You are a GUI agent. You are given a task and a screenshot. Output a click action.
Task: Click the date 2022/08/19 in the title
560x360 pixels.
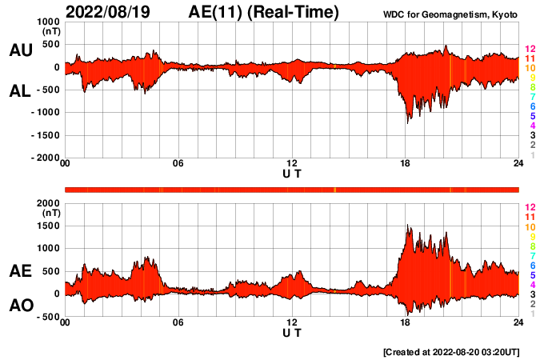pos(112,12)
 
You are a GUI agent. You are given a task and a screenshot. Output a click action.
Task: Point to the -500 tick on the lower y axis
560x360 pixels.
pos(48,316)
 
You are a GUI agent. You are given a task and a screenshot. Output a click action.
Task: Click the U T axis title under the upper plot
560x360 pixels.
pos(292,173)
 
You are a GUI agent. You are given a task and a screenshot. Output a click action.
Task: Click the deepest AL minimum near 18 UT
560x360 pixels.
pos(409,122)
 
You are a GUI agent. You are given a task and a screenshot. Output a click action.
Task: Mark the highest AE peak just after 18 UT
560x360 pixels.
pos(409,226)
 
